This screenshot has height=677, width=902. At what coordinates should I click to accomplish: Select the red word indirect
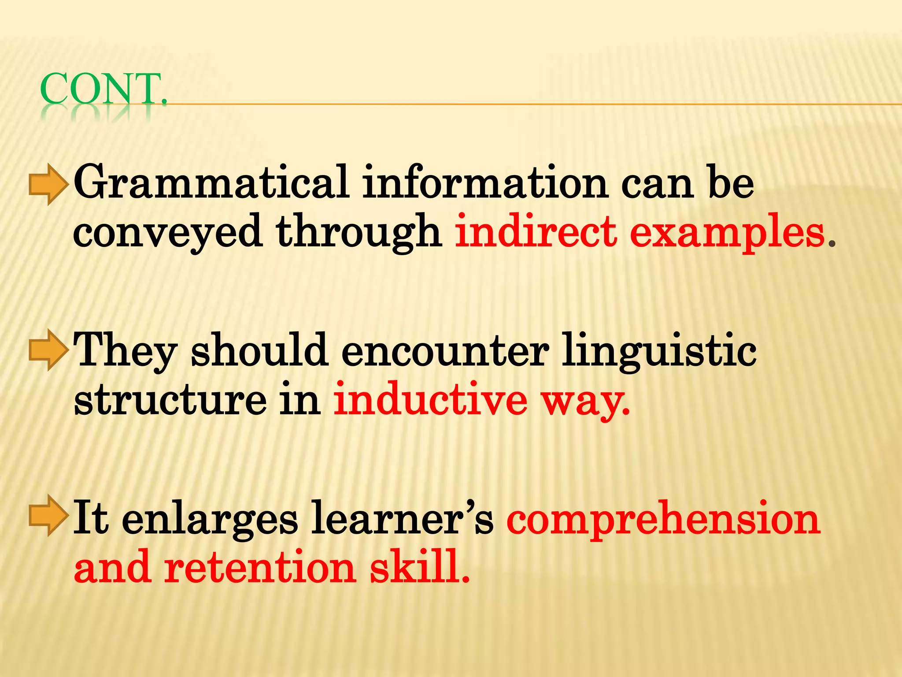click(536, 231)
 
